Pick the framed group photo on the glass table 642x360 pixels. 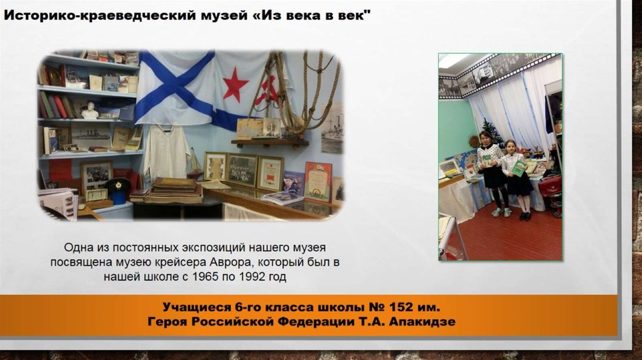pos(242,170)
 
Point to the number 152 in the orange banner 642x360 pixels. pos(391,308)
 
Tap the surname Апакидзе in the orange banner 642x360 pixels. pos(422,322)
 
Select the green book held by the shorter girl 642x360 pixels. pos(518,167)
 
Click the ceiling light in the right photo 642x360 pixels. pos(452,60)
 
